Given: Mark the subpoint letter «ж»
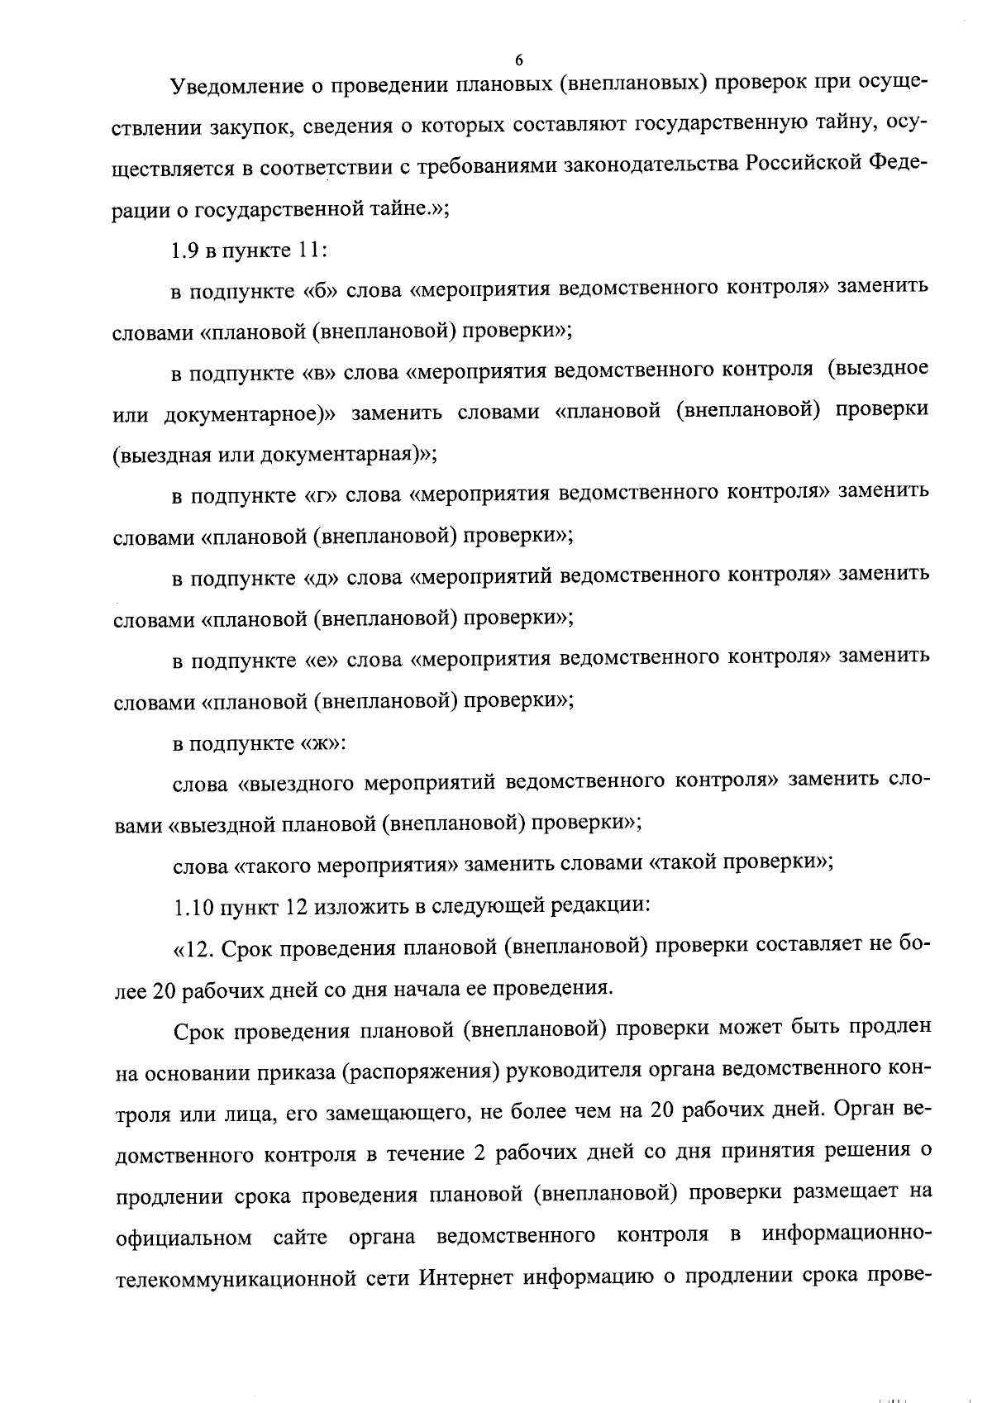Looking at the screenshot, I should [x=319, y=742].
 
